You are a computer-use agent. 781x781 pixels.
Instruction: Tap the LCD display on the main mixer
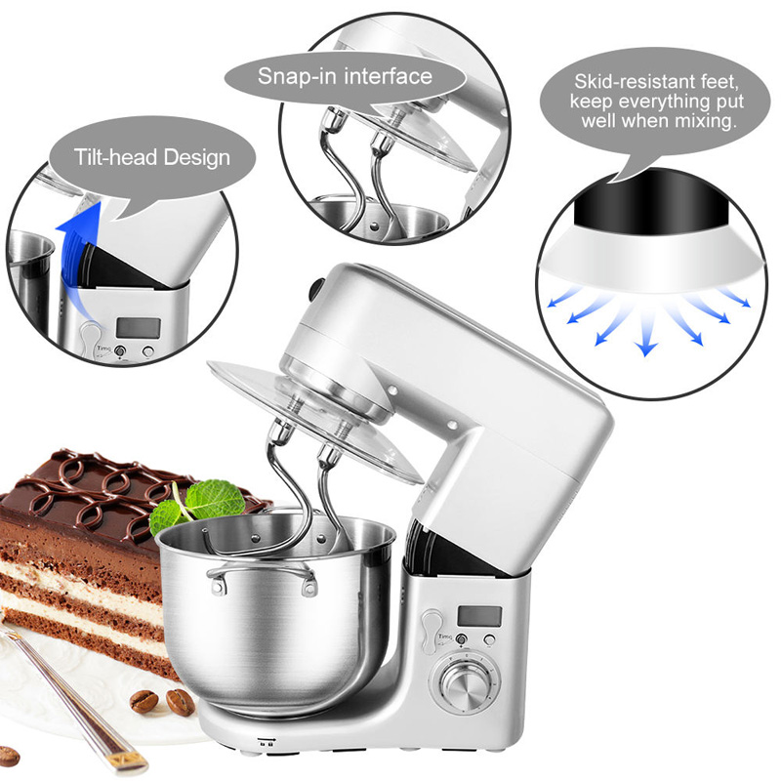click(479, 616)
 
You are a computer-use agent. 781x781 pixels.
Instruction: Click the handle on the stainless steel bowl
click(262, 578)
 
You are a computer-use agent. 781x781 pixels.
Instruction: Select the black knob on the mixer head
click(314, 289)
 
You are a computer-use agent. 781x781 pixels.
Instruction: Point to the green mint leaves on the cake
click(198, 505)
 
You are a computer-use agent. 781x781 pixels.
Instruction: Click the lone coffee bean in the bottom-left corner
click(9, 756)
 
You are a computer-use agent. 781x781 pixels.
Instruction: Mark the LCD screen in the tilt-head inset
click(139, 328)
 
